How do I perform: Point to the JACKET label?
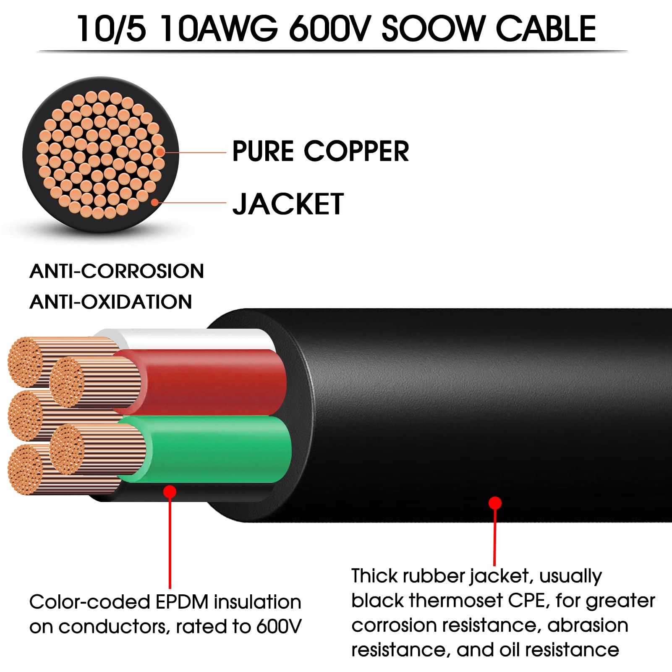(288, 204)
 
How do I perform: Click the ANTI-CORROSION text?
(117, 271)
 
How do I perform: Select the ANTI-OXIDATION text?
(111, 302)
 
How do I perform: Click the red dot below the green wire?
(170, 492)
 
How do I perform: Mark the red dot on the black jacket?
(495, 503)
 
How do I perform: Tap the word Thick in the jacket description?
(374, 576)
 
